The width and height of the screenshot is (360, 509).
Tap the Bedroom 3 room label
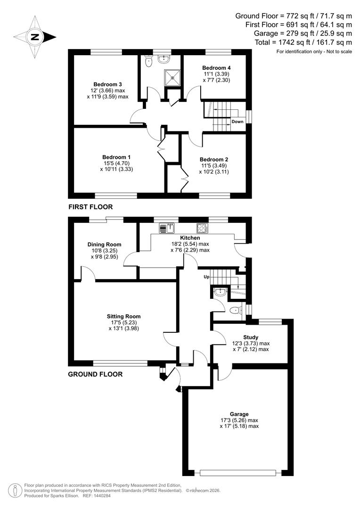coord(104,84)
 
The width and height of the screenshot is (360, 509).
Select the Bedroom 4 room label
coord(216,67)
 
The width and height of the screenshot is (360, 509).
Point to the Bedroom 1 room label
coord(116,157)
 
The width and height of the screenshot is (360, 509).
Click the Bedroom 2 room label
coord(213,159)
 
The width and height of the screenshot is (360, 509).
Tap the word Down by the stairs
coord(237,122)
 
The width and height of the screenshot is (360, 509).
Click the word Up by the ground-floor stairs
coord(206,277)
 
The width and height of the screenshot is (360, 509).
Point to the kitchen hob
coord(203,228)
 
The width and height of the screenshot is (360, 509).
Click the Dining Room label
coord(104,244)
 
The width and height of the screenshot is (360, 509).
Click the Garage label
coord(239,414)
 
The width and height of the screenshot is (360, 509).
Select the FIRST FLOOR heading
coord(90,206)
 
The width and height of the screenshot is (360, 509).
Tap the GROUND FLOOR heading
coord(95,374)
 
